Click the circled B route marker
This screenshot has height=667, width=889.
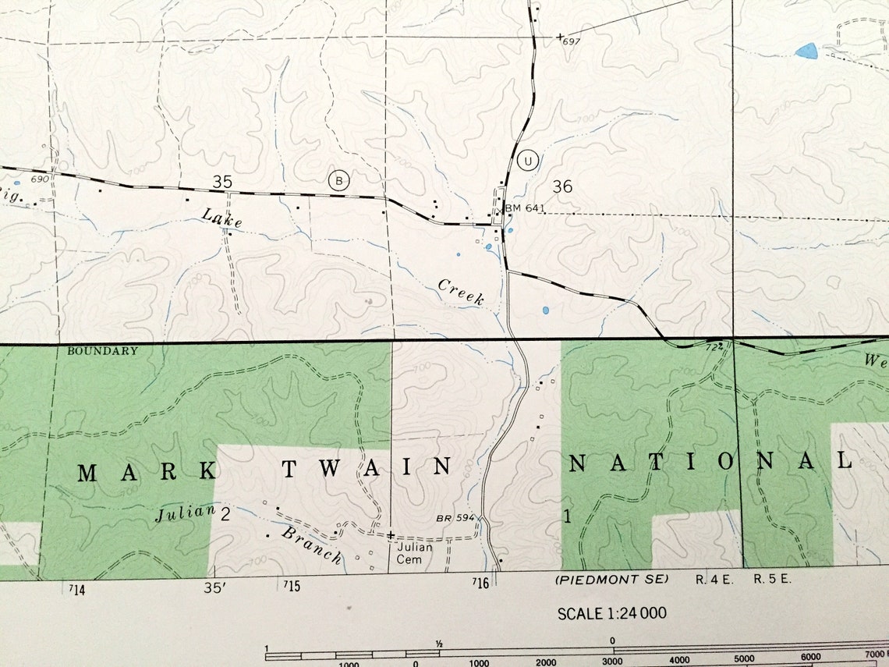tap(338, 180)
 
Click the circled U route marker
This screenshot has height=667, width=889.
tap(528, 161)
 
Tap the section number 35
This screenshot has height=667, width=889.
tap(222, 182)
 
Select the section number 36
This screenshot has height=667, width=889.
tap(562, 186)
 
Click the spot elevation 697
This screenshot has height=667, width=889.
tap(572, 41)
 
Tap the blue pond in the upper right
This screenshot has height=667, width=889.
tap(806, 51)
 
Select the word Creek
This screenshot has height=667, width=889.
tap(461, 292)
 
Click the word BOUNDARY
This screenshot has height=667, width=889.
tap(102, 351)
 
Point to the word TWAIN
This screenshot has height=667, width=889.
tap(367, 468)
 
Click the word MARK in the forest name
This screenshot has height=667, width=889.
tap(147, 472)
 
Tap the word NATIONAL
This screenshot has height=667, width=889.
tap(710, 463)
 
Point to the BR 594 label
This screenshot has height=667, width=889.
tap(455, 518)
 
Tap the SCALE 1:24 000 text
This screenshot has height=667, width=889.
tap(612, 613)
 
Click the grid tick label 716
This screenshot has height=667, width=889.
tap(480, 584)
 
